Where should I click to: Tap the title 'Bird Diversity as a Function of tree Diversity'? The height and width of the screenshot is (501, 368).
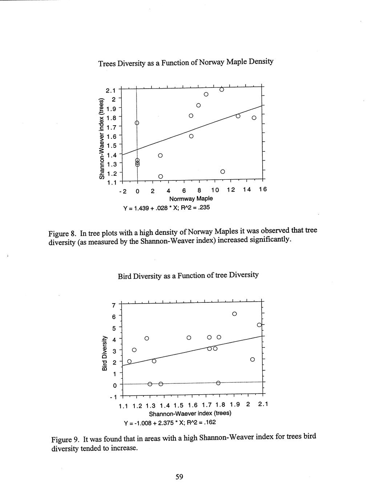tap(188, 275)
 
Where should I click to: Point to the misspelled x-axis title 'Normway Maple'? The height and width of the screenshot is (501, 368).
tap(191, 199)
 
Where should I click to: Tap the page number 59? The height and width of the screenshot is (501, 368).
tap(179, 477)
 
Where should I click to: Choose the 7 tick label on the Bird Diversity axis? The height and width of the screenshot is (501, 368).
tap(114, 305)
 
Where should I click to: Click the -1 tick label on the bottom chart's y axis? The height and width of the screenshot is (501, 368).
tap(113, 397)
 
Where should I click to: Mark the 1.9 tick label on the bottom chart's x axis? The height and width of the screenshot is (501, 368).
tap(235, 405)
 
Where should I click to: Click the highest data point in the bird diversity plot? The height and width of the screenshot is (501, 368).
tap(234, 314)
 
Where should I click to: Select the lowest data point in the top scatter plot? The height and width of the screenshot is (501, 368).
tap(161, 176)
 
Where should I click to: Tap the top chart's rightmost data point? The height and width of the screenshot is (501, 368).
tap(254, 118)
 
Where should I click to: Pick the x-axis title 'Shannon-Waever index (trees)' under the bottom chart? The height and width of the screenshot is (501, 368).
tap(190, 414)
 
